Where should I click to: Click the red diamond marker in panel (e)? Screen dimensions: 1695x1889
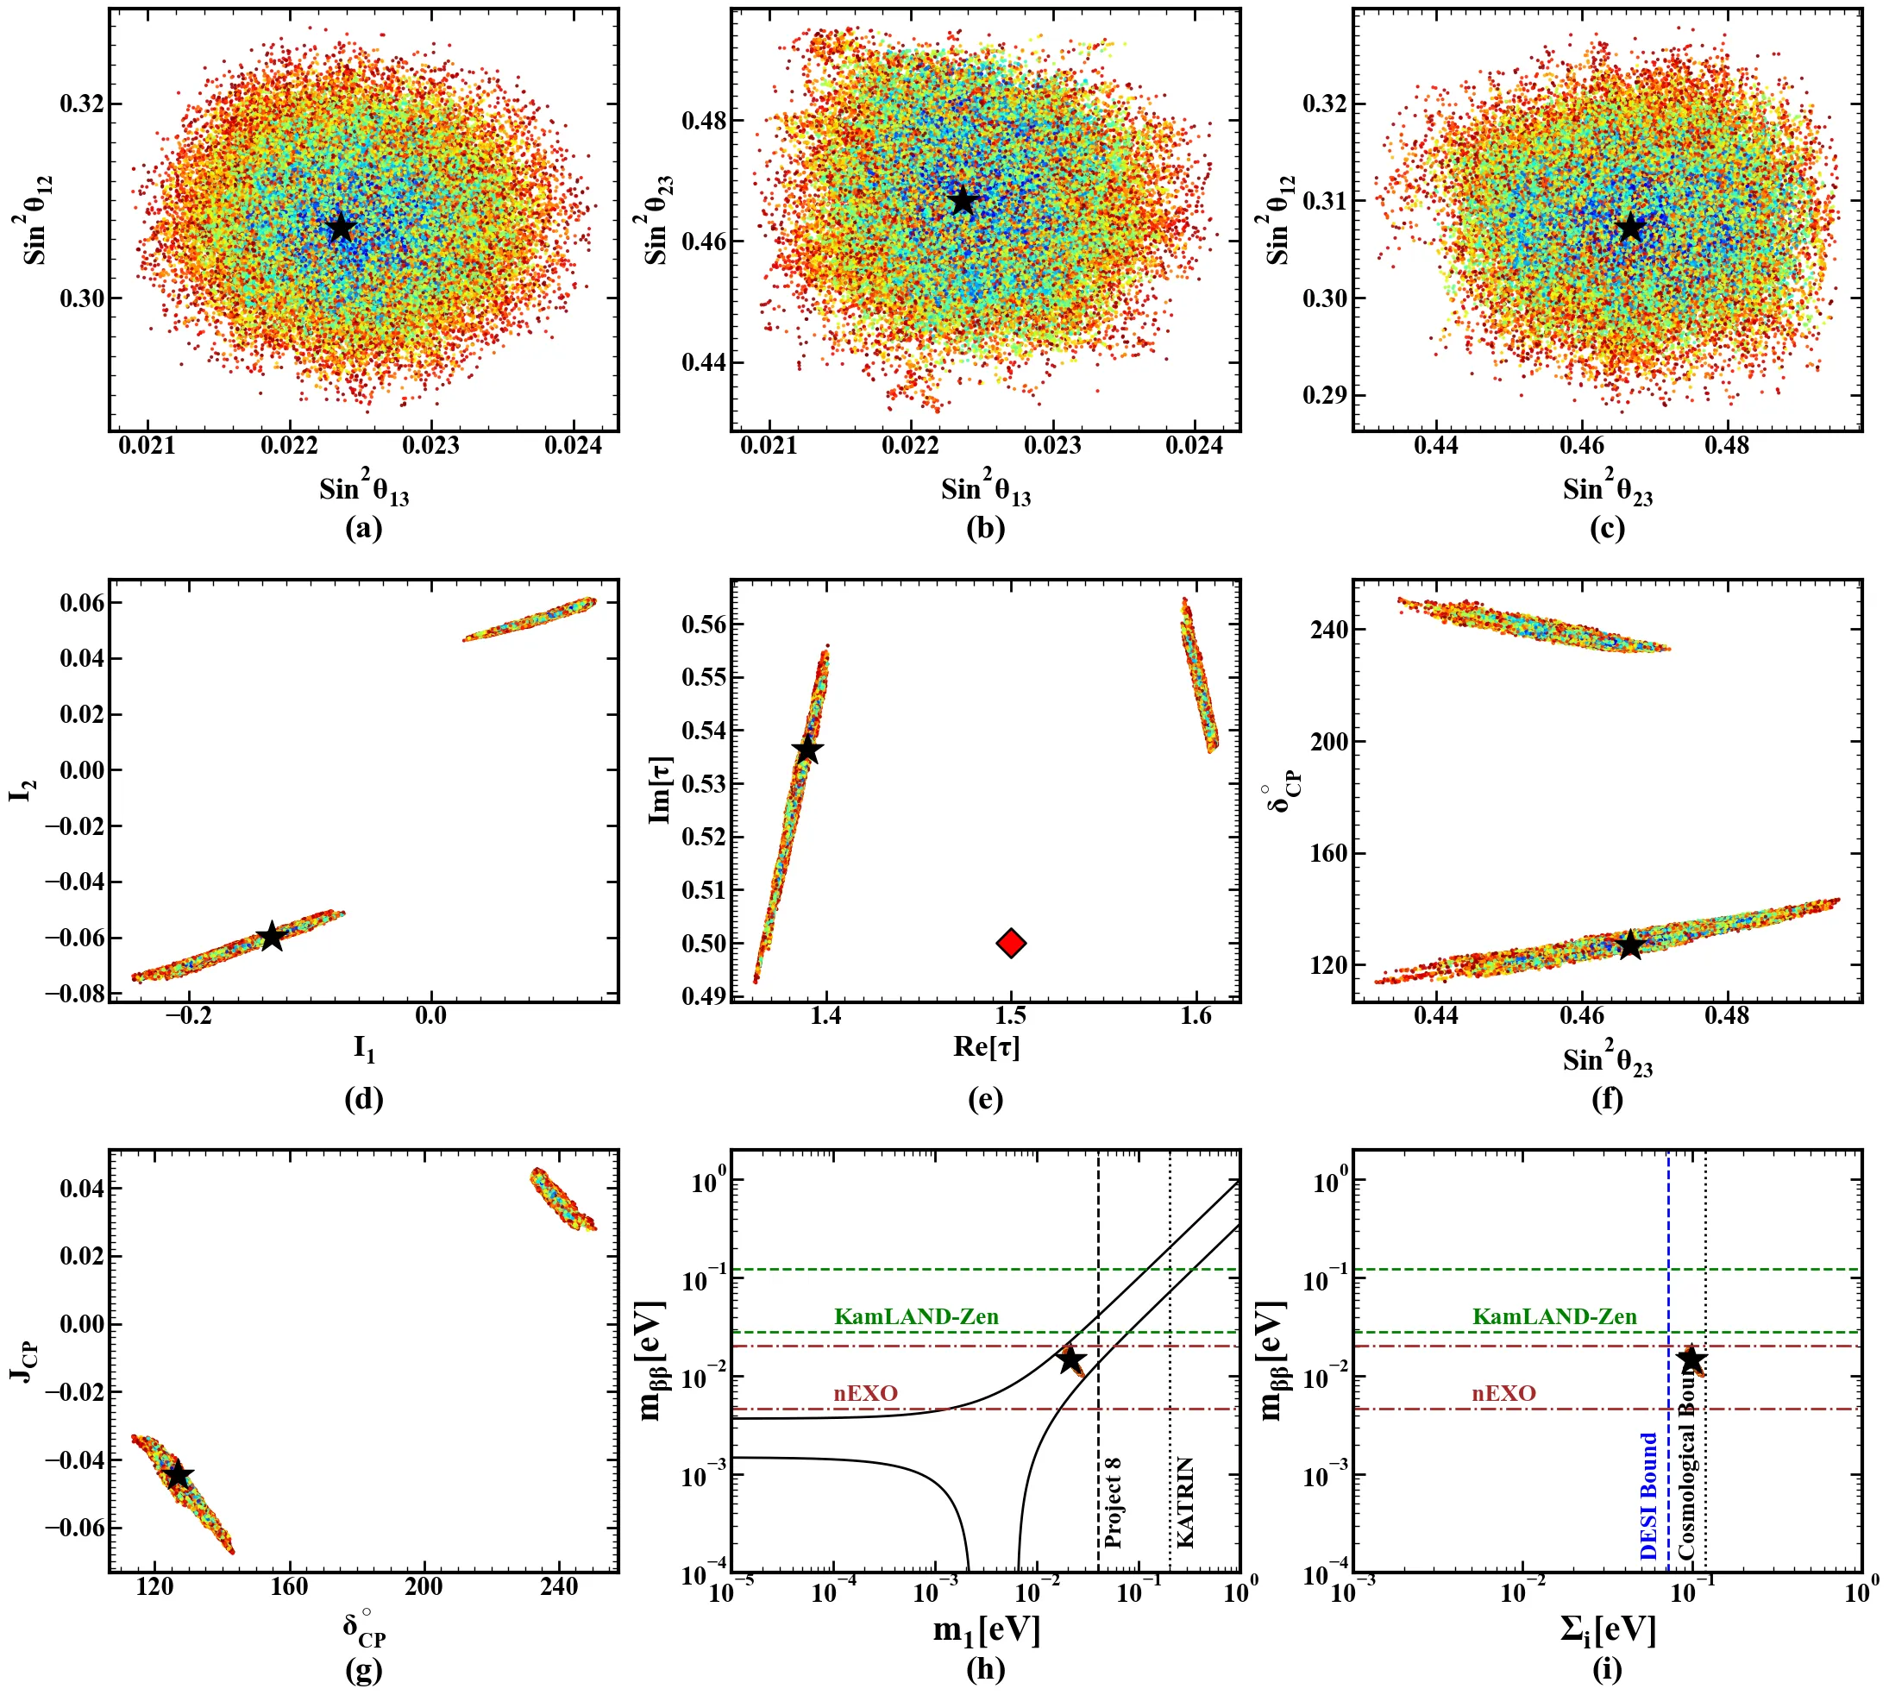click(1011, 943)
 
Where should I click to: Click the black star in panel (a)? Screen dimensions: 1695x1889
click(342, 226)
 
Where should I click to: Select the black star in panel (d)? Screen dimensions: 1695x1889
click(271, 936)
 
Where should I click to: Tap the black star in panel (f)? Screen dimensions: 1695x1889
click(1630, 945)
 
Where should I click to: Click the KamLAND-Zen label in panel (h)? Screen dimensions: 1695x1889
click(916, 1316)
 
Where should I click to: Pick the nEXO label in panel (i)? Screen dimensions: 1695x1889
click(1503, 1393)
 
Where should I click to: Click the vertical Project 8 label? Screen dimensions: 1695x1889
click(1112, 1503)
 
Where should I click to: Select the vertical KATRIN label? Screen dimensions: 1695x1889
click(1185, 1503)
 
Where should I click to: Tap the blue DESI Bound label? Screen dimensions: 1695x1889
click(1648, 1496)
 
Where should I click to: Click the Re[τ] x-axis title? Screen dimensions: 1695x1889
click(986, 1047)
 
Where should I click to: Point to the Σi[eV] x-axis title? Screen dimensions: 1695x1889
click(1608, 1629)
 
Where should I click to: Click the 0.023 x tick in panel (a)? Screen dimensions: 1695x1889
click(430, 445)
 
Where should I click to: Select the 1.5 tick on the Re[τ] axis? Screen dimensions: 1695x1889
click(1011, 1015)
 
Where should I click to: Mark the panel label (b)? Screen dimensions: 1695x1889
click(986, 528)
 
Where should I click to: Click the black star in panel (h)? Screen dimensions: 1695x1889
click(1070, 1359)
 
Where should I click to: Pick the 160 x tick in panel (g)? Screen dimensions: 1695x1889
click(289, 1586)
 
